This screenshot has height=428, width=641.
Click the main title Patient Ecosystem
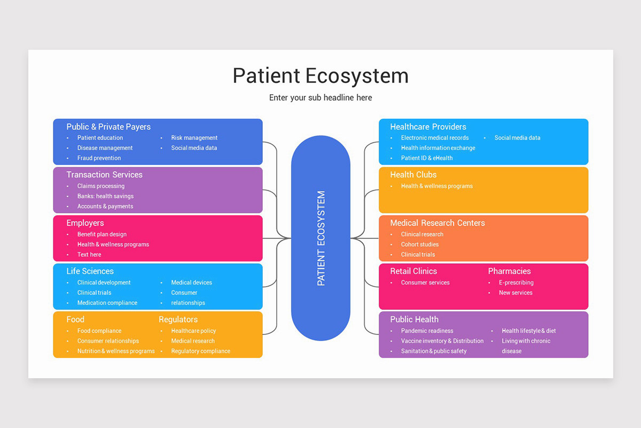coord(320,75)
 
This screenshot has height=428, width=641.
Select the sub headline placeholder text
coord(320,98)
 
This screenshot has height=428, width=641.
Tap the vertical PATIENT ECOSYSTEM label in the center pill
coord(321,238)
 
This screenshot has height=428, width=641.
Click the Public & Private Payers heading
coord(108,127)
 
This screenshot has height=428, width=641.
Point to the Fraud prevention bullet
coord(99,158)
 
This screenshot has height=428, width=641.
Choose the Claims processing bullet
coord(101,186)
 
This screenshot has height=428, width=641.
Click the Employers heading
coord(85,223)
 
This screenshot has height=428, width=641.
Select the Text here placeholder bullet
coord(89,255)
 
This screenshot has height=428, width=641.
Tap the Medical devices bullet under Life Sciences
coord(191,282)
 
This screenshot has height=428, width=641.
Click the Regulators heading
coord(178,319)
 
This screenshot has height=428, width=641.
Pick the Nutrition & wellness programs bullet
coord(116,351)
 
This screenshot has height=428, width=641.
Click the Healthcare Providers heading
coord(428,127)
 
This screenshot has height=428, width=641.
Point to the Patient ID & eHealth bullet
coord(427,158)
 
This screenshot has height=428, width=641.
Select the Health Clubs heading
coord(413,175)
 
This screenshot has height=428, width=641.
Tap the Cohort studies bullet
coord(420,244)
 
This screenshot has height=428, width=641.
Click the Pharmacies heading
coord(509,271)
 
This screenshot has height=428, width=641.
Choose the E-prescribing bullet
coord(516,282)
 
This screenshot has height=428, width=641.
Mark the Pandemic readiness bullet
coord(427,331)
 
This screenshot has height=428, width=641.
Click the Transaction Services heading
coord(104,175)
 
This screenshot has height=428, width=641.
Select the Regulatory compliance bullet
coord(200,351)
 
